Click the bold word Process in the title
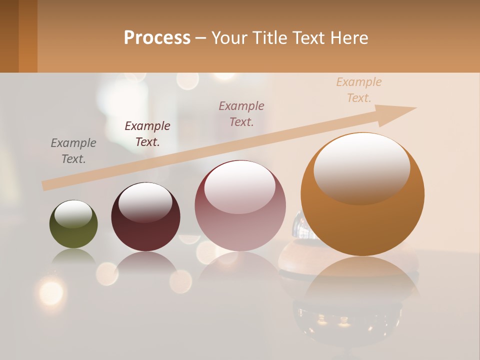click(157, 38)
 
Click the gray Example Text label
click(73, 151)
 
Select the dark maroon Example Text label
click(147, 134)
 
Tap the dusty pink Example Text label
click(241, 114)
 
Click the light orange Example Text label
click(359, 90)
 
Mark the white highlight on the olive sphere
click(73, 213)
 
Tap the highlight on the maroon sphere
click(145, 201)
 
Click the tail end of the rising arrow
click(46, 185)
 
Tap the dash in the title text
click(201, 38)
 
